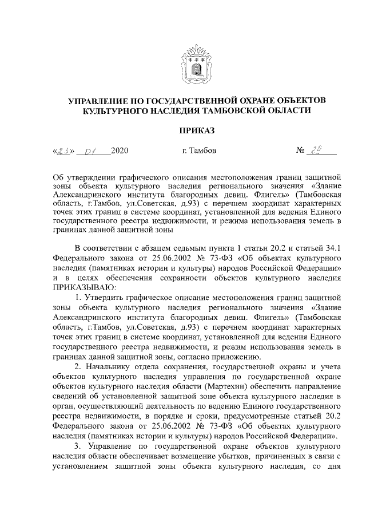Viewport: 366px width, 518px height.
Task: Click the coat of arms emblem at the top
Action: coord(197,64)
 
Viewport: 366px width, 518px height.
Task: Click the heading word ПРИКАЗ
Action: coord(197,131)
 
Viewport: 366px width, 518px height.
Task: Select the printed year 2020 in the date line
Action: coord(120,151)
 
